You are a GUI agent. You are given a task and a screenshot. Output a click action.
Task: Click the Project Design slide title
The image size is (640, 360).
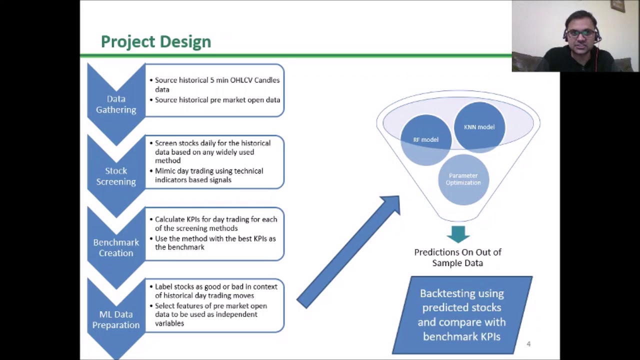tap(155, 41)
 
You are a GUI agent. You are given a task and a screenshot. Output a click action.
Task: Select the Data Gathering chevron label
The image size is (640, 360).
tap(116, 104)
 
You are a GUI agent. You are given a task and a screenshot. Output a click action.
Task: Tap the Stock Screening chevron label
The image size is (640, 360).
tap(116, 176)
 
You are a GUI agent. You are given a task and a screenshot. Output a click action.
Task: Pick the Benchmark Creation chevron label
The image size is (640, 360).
tap(116, 247)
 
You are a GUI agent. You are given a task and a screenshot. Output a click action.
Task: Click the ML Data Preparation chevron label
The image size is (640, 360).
tap(116, 319)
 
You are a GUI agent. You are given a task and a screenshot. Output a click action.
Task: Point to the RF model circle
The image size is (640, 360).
tap(425, 140)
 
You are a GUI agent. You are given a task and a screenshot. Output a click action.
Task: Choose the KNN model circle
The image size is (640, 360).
tap(479, 127)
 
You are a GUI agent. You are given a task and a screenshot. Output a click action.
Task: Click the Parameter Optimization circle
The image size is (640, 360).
tap(463, 179)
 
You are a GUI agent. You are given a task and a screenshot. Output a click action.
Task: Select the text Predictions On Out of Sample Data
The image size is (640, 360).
tap(457, 257)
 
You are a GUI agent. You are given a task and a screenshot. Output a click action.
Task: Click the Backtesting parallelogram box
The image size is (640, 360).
tap(462, 314)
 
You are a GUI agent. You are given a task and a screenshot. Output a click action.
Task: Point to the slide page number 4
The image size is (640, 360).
tap(528, 344)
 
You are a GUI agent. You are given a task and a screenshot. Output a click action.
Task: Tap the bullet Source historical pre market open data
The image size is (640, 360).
tap(217, 100)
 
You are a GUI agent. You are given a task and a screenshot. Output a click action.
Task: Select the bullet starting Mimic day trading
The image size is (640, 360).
tap(208, 175)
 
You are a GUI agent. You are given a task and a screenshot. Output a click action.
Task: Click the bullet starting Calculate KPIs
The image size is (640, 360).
tap(215, 223)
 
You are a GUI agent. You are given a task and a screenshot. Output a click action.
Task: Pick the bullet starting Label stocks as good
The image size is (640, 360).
tap(215, 291)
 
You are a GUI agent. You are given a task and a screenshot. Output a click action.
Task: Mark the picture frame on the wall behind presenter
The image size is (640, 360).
tap(618, 5)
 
